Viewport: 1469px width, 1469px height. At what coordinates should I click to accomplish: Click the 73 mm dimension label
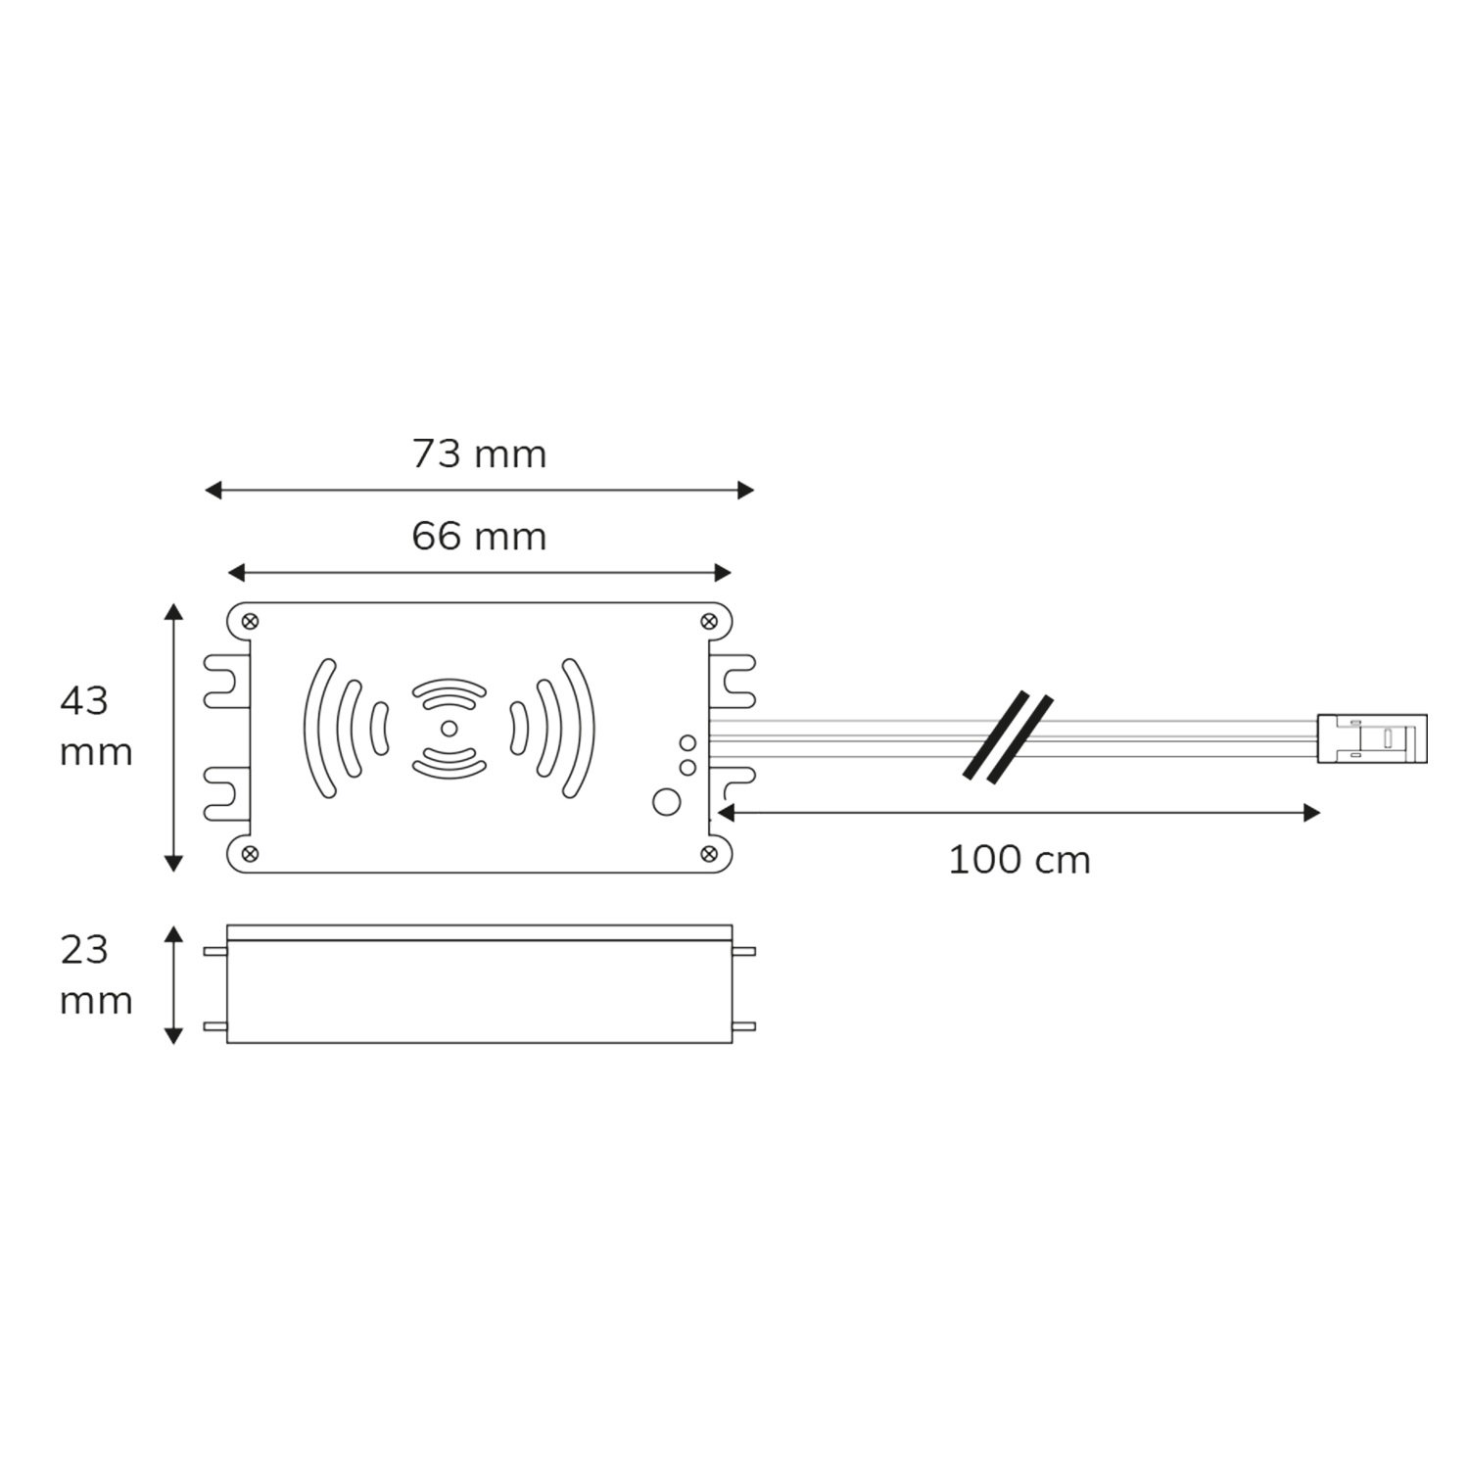479,454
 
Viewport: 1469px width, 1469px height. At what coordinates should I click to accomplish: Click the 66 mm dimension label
479,537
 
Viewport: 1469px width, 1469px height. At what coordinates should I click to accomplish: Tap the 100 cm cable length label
1019,861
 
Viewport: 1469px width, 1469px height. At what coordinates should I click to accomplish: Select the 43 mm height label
96,727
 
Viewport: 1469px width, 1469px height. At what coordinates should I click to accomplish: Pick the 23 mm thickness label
96,975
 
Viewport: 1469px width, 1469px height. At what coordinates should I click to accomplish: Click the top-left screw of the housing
250,621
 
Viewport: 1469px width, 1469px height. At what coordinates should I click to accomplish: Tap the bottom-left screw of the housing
250,854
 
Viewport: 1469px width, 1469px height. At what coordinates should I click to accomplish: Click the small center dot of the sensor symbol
448,728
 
